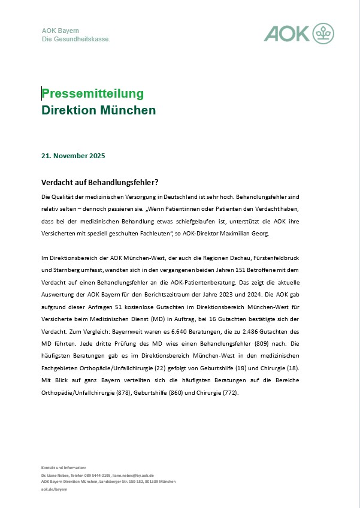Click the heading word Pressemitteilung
(x=93, y=93)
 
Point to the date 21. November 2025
(x=73, y=156)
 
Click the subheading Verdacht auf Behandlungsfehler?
(x=99, y=183)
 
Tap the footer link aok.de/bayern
(x=54, y=489)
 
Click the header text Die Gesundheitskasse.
(x=76, y=39)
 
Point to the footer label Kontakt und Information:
(x=63, y=467)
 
